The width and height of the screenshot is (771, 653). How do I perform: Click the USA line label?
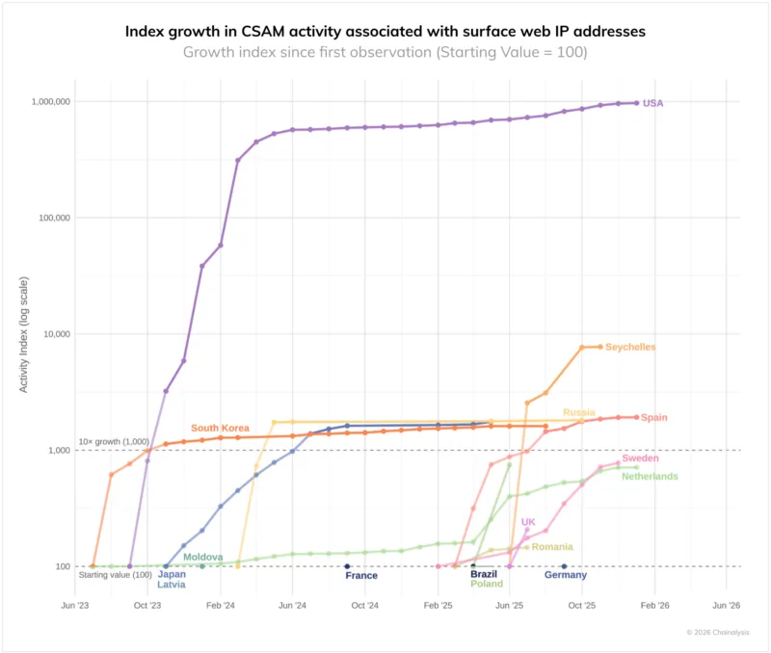(x=652, y=103)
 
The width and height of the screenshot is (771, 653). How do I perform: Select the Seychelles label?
(x=630, y=347)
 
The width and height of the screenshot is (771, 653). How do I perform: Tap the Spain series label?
(x=653, y=418)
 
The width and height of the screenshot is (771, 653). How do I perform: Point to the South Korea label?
(x=220, y=428)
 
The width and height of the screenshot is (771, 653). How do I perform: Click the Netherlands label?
(x=650, y=476)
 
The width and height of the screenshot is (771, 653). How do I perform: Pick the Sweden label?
(x=640, y=458)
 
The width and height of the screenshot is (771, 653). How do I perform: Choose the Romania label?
(x=552, y=547)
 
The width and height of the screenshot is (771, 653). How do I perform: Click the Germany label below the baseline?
(x=566, y=575)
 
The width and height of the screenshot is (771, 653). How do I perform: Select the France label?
(x=361, y=576)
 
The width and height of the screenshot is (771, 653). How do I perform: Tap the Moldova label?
(x=203, y=558)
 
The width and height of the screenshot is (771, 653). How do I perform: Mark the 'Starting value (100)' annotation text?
(x=115, y=575)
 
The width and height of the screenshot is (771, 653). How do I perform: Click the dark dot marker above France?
(x=347, y=566)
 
